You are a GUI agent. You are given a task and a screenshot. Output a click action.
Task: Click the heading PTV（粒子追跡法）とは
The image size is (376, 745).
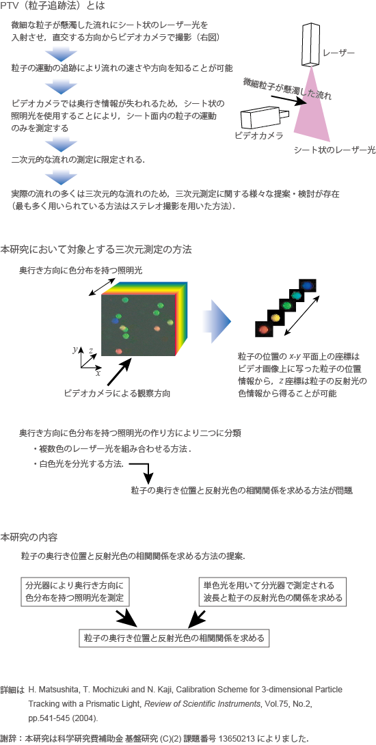click(52, 6)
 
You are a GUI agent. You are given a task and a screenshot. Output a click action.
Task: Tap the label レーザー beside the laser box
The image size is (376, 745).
click(339, 53)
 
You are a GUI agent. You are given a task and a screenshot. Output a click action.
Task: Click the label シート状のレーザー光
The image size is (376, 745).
click(335, 150)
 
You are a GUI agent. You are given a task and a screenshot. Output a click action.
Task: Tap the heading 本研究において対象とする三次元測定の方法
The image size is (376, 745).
click(96, 249)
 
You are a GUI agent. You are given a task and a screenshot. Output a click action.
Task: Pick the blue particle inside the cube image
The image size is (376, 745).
click(115, 321)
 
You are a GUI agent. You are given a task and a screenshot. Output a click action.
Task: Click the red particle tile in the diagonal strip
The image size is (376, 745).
click(263, 329)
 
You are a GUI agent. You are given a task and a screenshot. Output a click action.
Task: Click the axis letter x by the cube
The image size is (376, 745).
click(98, 373)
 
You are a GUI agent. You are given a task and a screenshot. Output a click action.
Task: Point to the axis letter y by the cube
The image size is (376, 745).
click(75, 349)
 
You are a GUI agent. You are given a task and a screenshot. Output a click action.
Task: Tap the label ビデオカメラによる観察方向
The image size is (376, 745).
click(117, 393)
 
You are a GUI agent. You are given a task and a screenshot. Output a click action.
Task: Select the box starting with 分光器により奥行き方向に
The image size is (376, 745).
click(76, 591)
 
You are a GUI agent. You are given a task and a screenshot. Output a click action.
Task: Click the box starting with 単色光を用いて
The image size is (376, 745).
click(272, 591)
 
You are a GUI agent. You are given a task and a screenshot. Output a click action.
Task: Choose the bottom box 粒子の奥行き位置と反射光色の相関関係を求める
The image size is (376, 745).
click(174, 638)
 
